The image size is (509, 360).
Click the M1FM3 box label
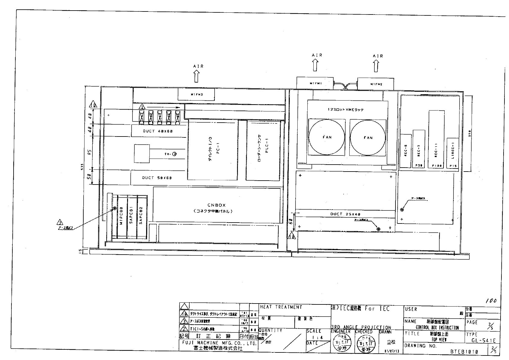196,95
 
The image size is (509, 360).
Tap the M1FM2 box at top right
376,84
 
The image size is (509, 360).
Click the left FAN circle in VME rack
327,137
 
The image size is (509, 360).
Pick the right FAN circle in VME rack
368,137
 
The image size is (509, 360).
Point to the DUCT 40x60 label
158,131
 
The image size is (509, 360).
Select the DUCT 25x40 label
345,214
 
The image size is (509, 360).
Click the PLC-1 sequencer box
263,150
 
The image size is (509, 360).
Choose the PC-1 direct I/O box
213,150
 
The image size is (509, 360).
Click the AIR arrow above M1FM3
197,76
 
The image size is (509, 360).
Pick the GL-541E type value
483,340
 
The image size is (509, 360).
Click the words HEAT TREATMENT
281,307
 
